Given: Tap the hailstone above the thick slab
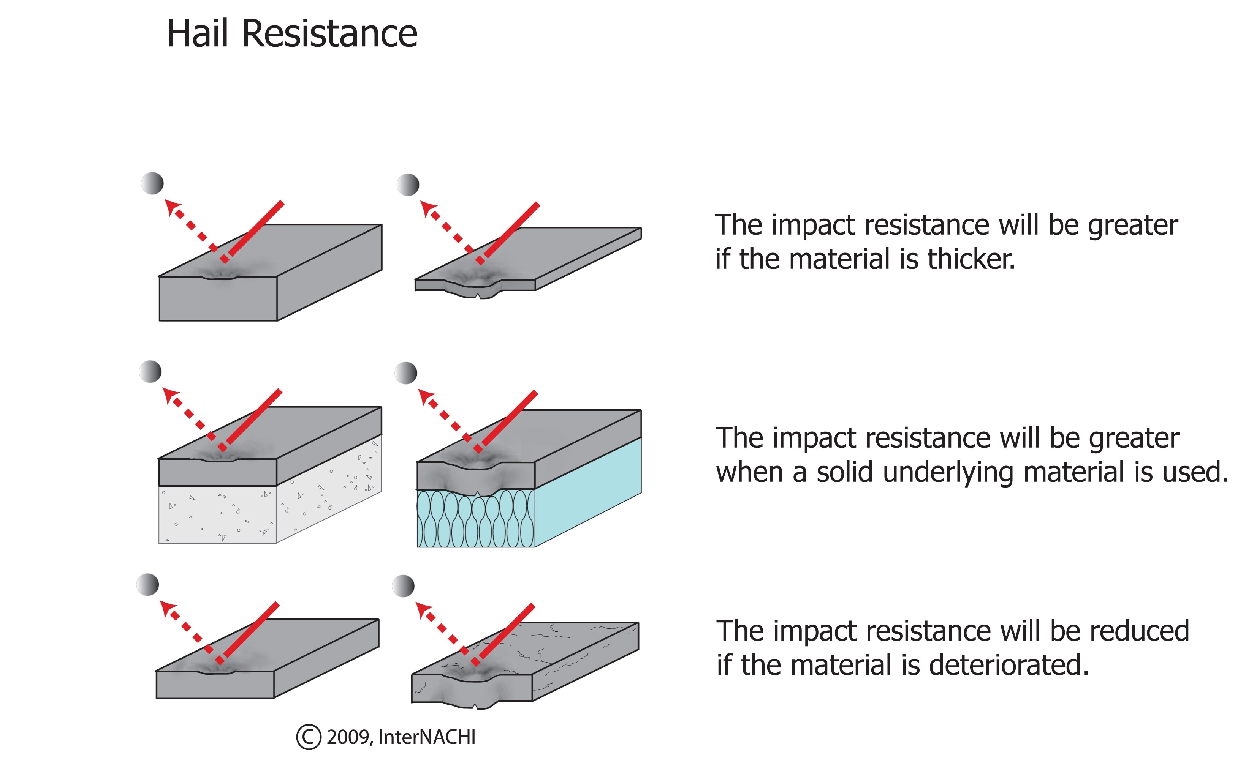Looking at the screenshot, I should pyautogui.click(x=152, y=183).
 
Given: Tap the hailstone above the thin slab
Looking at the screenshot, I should pyautogui.click(x=408, y=185).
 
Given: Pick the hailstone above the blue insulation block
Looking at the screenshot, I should pyautogui.click(x=406, y=373).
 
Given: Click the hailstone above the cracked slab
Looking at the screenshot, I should pyautogui.click(x=403, y=586).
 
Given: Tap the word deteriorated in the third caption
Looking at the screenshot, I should pyautogui.click(x=1009, y=665).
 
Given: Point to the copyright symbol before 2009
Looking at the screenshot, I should pyautogui.click(x=309, y=737).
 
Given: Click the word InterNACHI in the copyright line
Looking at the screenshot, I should pyautogui.click(x=426, y=737).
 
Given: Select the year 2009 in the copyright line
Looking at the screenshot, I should pyautogui.click(x=348, y=737).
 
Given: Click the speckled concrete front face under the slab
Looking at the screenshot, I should pyautogui.click(x=217, y=514).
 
